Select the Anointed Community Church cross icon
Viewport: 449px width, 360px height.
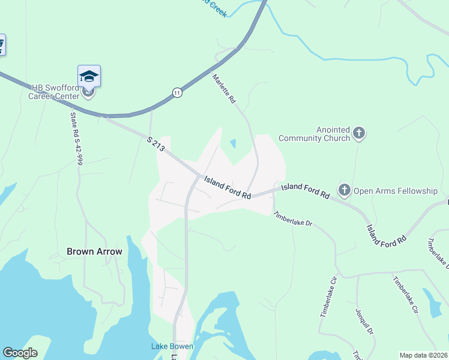click(x=359, y=133)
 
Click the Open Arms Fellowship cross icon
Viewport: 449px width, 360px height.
click(x=345, y=191)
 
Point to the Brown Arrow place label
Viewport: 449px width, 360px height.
click(x=95, y=251)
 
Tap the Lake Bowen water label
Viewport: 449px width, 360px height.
click(x=172, y=346)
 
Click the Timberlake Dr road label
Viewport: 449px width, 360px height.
click(x=293, y=218)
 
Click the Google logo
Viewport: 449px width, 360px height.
click(x=20, y=353)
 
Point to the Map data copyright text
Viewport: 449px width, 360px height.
click(x=423, y=355)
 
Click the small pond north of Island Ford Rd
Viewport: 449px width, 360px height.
click(x=233, y=144)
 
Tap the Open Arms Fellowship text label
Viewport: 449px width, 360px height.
click(x=395, y=191)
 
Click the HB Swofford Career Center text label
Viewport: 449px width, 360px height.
click(x=55, y=91)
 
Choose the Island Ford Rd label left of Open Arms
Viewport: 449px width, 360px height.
click(x=306, y=191)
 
